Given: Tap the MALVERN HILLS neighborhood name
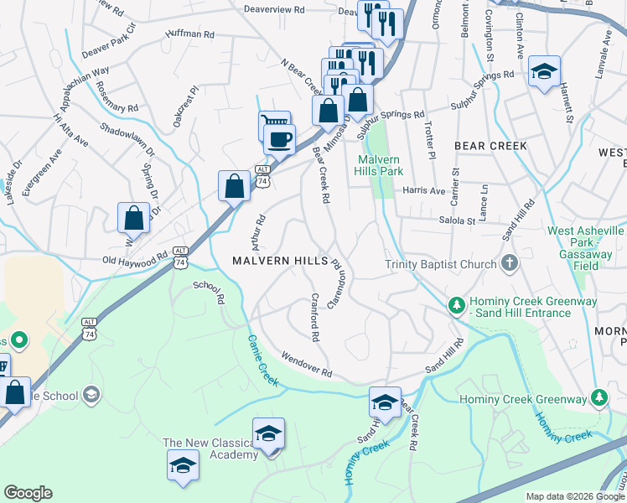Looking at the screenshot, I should click(280, 262).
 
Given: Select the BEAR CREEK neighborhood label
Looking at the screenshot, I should click(490, 146).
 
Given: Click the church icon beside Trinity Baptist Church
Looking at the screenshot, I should click(509, 265).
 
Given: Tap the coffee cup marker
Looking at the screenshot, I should click(279, 138).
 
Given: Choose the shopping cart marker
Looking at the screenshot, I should click(273, 125).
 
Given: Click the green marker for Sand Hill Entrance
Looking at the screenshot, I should click(456, 303).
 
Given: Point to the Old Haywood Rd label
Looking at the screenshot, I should click(135, 261).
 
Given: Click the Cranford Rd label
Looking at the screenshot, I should click(315, 317).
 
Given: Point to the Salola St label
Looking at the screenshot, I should click(458, 220).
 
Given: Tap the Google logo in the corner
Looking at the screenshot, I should click(28, 493).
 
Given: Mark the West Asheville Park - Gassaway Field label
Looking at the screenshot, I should click(585, 247).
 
